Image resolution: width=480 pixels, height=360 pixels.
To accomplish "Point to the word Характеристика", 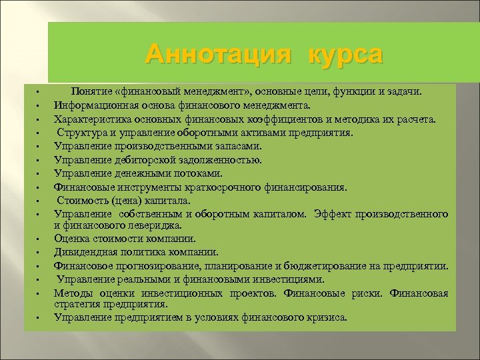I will pos(95,119).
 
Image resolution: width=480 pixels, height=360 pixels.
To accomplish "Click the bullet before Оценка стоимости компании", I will pos(39,239).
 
